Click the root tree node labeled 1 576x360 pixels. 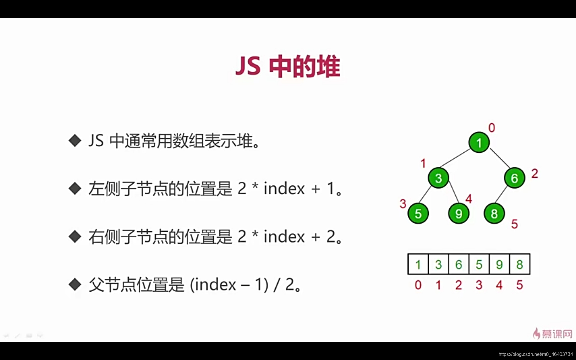479,142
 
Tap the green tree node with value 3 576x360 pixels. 438,178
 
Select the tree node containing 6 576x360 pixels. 514,178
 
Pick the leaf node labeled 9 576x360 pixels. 458,214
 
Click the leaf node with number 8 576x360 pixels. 494,214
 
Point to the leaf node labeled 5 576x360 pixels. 418,214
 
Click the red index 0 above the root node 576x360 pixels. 491,128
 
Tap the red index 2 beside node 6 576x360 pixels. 535,174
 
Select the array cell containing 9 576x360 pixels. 499,264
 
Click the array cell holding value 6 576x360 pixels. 459,264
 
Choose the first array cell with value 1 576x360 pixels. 418,264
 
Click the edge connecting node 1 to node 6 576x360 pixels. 499,158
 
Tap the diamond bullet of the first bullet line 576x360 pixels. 75,140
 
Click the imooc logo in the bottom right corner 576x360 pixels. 553,334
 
